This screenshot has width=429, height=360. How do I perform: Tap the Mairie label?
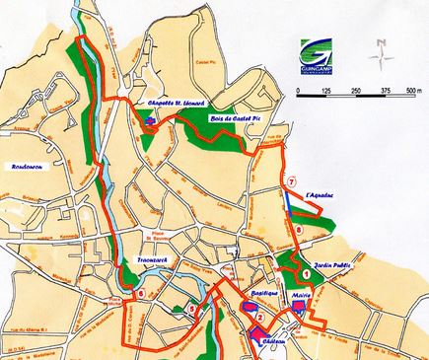pos(302,293)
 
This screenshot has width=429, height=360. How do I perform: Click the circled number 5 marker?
pos(189,309)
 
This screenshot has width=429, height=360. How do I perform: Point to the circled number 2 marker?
pos(258,318)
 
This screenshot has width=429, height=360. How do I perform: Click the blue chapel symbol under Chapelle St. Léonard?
pos(150,118)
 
